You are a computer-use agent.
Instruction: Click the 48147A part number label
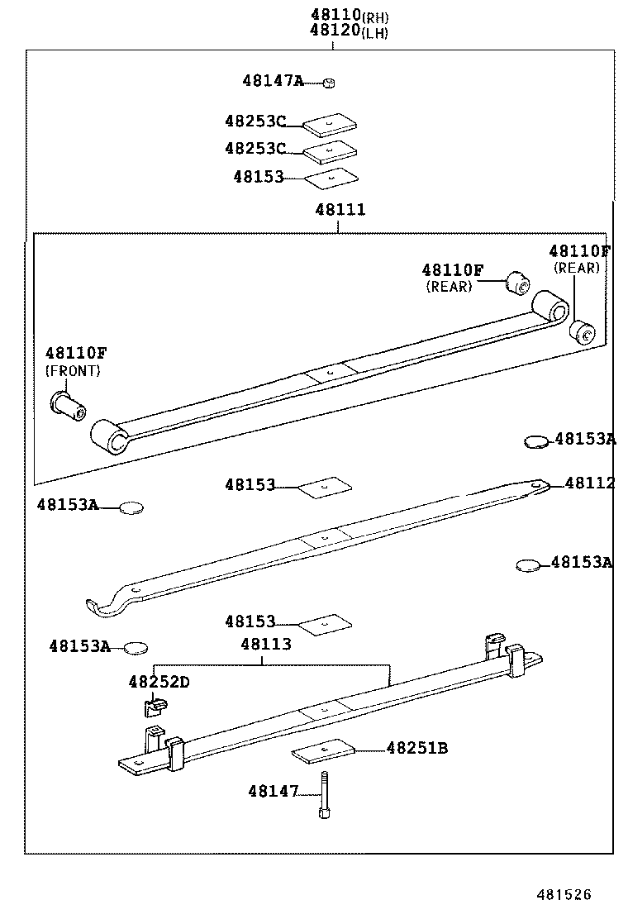[x=273, y=81]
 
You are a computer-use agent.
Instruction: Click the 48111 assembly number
[x=340, y=210]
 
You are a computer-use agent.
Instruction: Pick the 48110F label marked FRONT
[x=76, y=353]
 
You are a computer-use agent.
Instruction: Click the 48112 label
[x=589, y=483]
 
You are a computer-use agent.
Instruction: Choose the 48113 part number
[x=266, y=644]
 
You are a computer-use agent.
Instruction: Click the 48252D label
[x=159, y=682]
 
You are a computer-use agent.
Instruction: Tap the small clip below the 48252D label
[x=151, y=707]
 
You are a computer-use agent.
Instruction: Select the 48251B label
[x=417, y=749]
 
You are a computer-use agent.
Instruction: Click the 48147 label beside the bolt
[x=274, y=792]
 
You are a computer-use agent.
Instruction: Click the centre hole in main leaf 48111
[x=331, y=373]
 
